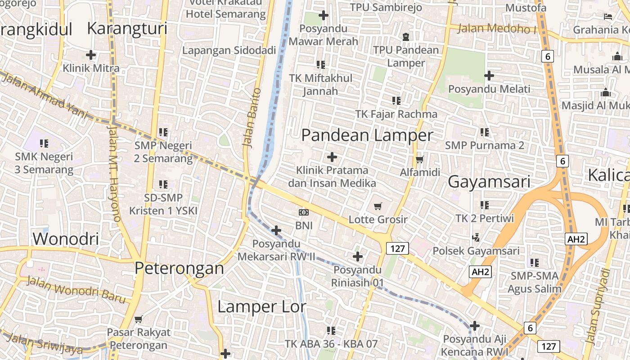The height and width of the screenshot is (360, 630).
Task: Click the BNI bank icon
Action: (x=304, y=212)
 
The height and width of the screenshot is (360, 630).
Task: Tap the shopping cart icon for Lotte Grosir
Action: (x=378, y=206)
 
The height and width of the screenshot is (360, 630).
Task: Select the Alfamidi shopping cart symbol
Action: (x=420, y=159)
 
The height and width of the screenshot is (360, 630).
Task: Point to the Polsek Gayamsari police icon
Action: (x=476, y=237)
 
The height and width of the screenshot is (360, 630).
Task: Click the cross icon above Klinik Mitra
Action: (x=91, y=55)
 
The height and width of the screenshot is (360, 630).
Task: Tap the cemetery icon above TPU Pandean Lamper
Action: (x=406, y=36)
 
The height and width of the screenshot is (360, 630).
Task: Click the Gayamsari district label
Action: (x=489, y=182)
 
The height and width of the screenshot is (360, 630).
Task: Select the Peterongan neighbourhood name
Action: (x=179, y=268)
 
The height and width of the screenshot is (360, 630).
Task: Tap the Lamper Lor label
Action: (x=261, y=307)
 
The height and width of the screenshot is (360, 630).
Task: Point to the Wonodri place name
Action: (x=66, y=238)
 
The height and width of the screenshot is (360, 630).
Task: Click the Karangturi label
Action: (x=127, y=28)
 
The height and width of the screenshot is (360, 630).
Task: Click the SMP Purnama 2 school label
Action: (x=485, y=145)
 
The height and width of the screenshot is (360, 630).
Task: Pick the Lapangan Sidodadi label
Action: (x=229, y=50)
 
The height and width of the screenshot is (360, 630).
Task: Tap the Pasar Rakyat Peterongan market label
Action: (x=139, y=339)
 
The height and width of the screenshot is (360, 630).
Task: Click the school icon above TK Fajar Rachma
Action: (x=396, y=100)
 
